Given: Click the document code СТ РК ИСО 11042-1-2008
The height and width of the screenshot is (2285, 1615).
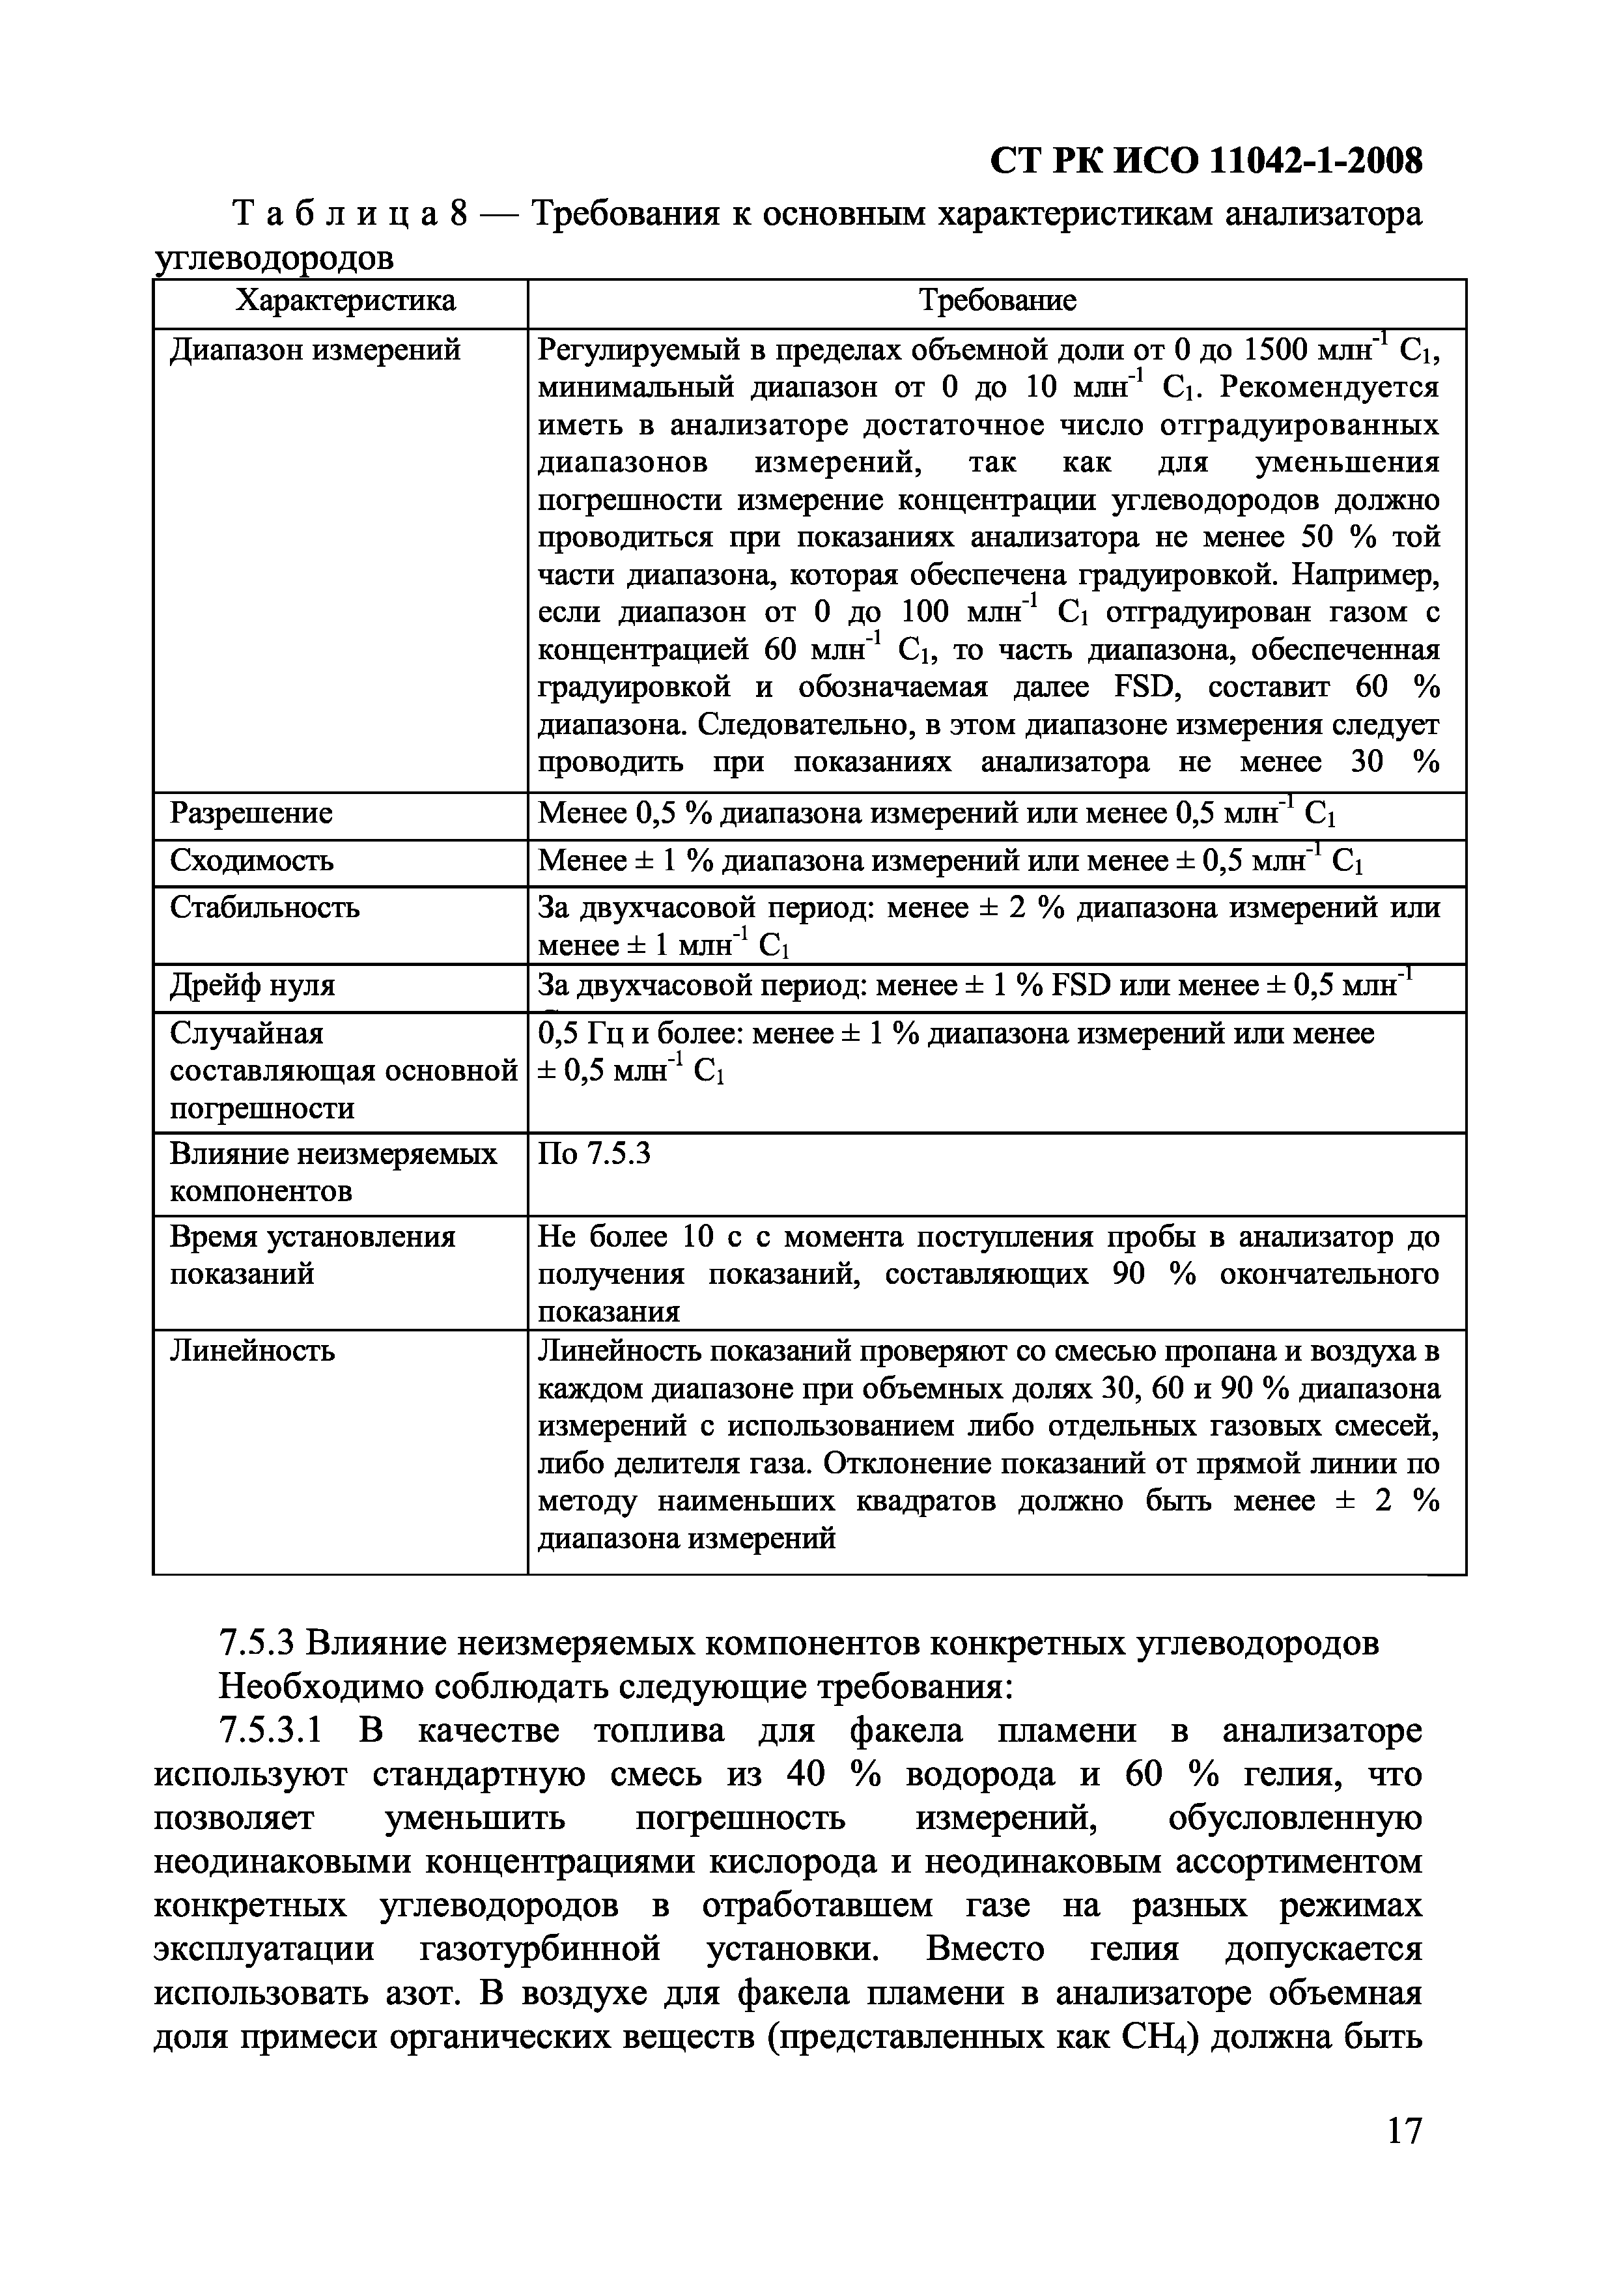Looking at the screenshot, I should (x=1207, y=160).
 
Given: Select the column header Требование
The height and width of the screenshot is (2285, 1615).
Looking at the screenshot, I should (x=997, y=300).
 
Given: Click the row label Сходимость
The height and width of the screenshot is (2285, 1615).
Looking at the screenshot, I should (x=252, y=860).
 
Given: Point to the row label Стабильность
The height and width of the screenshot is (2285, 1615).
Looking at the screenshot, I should (x=264, y=907).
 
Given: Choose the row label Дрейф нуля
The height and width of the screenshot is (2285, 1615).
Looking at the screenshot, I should (x=253, y=986).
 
